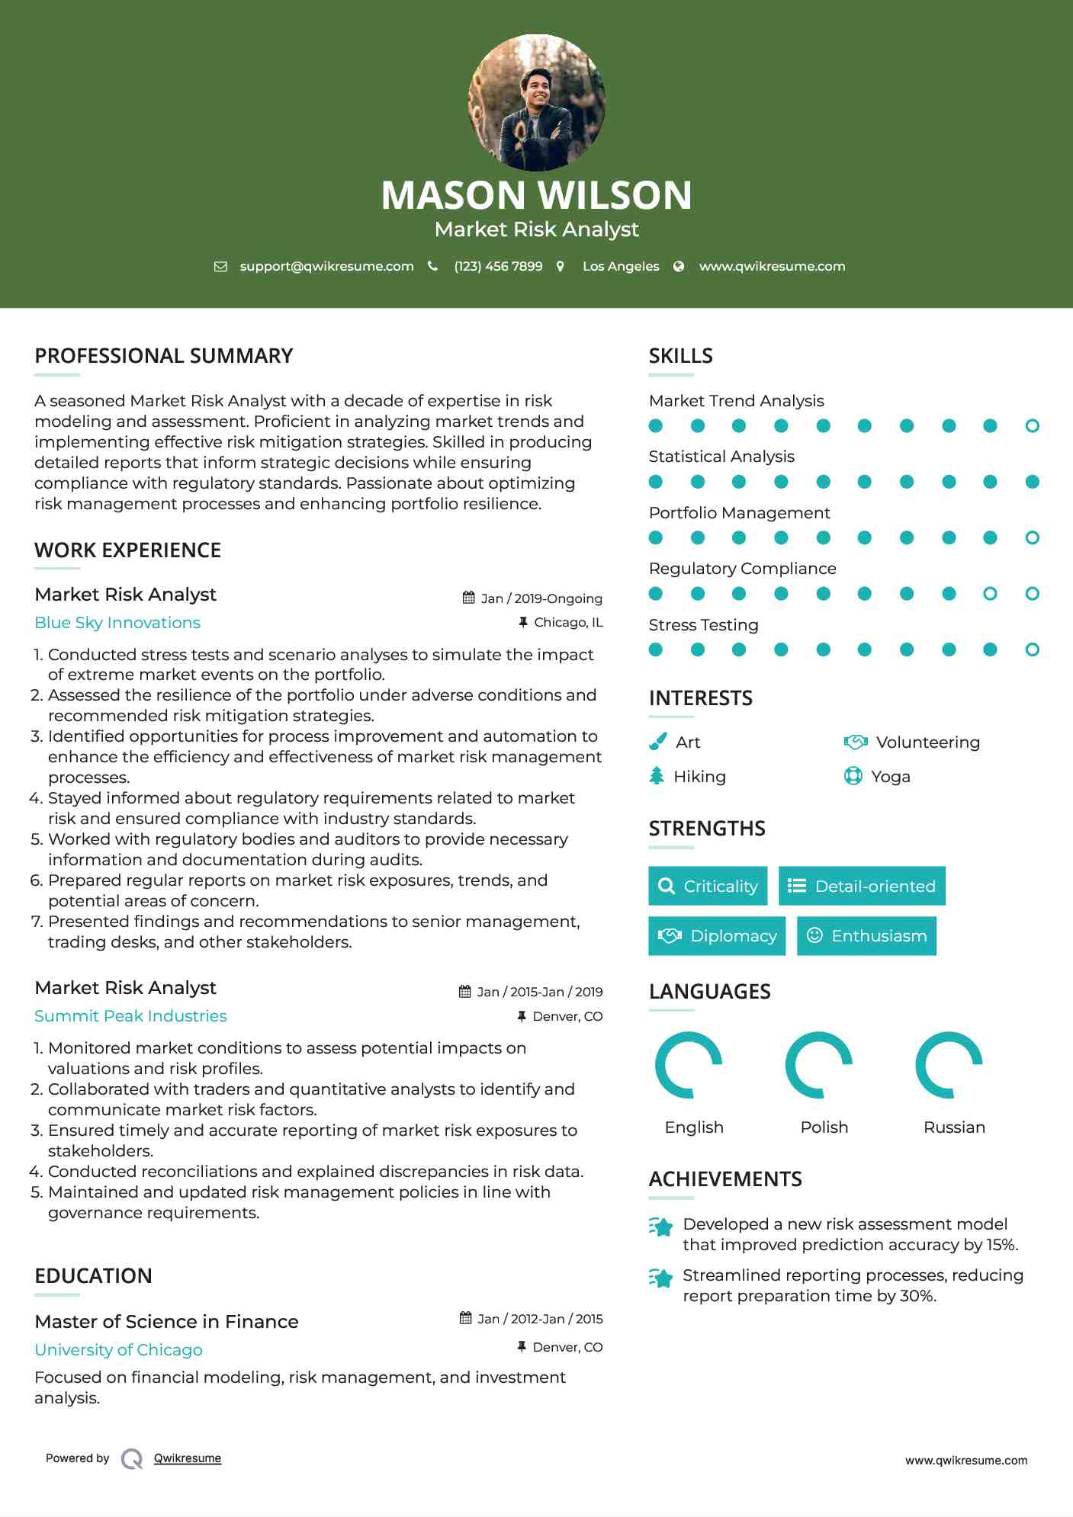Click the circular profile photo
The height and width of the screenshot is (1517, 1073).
pyautogui.click(x=536, y=103)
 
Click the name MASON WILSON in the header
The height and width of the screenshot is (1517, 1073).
pyautogui.click(x=536, y=195)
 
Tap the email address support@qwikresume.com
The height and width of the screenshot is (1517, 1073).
pyautogui.click(x=326, y=267)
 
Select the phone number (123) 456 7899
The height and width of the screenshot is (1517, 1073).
pyautogui.click(x=498, y=267)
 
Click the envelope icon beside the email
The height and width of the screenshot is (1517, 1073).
pyautogui.click(x=220, y=267)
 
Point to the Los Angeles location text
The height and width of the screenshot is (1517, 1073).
pyautogui.click(x=620, y=267)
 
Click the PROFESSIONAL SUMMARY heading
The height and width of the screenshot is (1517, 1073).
pyautogui.click(x=164, y=356)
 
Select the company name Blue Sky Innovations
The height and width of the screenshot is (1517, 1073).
pyautogui.click(x=117, y=623)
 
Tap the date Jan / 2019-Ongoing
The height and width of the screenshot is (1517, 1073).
pyautogui.click(x=541, y=598)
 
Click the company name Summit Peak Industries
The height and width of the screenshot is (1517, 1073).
pyautogui.click(x=130, y=1016)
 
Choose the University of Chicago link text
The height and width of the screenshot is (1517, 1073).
pyautogui.click(x=118, y=1350)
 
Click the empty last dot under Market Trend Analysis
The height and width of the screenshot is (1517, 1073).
pyautogui.click(x=1032, y=426)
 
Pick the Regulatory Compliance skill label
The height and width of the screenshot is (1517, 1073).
pyautogui.click(x=742, y=569)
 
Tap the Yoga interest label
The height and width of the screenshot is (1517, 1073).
pyautogui.click(x=890, y=777)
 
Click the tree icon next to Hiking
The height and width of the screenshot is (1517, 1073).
pyautogui.click(x=657, y=776)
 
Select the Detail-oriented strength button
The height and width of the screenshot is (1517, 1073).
pyautogui.click(x=862, y=886)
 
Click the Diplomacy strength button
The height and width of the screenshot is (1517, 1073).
pyautogui.click(x=717, y=936)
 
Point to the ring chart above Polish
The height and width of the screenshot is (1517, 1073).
pyautogui.click(x=818, y=1065)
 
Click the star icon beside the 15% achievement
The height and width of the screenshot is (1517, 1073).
pyautogui.click(x=661, y=1227)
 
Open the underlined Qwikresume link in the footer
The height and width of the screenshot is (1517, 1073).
pyautogui.click(x=187, y=1458)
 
